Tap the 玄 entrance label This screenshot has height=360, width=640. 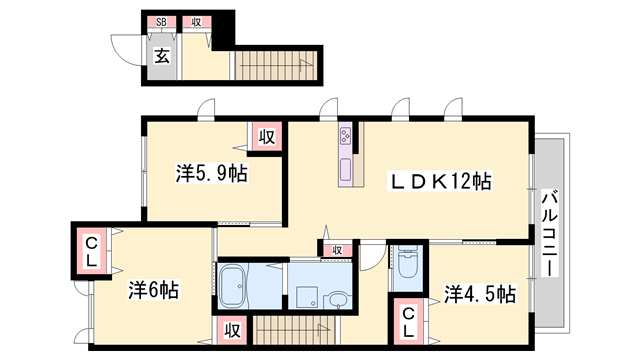click(161, 56)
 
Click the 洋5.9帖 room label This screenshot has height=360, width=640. click(212, 173)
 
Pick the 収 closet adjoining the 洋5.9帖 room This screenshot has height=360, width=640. click(265, 137)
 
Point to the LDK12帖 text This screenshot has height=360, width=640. click(440, 181)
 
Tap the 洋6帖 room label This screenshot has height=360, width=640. click(153, 291)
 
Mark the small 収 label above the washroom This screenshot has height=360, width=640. click(337, 250)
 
